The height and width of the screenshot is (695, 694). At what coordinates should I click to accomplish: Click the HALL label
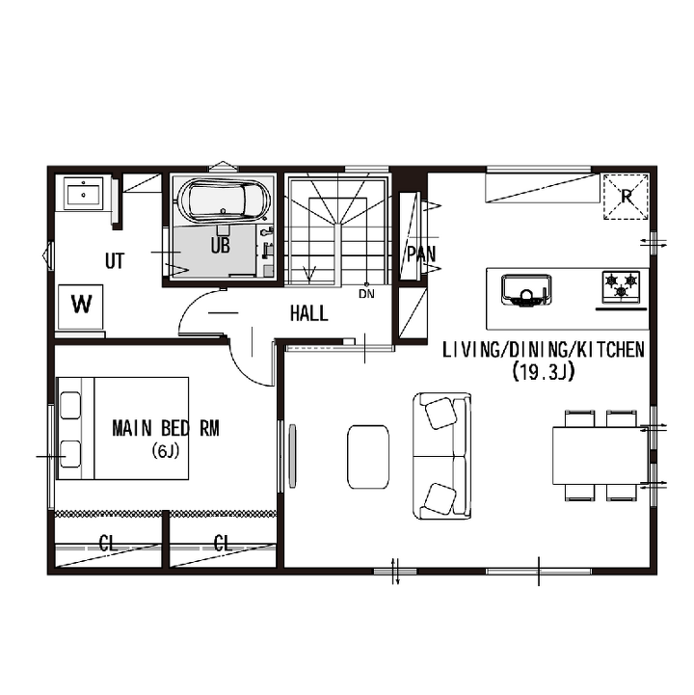tap(308, 313)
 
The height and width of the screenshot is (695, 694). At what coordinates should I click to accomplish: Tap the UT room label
tap(115, 261)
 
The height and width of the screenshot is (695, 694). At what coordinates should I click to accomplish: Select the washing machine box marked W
tap(81, 307)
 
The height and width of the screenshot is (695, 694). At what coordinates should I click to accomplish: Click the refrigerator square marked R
tap(626, 197)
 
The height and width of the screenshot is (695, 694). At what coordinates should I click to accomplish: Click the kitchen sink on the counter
tap(526, 290)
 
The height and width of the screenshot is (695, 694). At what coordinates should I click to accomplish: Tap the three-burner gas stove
tap(622, 287)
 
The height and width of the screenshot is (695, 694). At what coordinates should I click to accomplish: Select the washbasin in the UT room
tap(83, 193)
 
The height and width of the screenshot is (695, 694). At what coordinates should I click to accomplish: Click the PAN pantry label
tap(421, 254)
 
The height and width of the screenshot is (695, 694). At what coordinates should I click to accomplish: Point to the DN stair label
tap(366, 293)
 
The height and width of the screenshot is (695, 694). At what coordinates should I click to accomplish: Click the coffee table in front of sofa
tap(368, 457)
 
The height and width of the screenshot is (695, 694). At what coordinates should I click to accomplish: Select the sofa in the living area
tap(441, 456)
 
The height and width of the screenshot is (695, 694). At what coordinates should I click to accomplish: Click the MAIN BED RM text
tap(166, 429)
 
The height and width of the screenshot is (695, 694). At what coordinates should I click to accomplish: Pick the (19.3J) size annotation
tap(543, 371)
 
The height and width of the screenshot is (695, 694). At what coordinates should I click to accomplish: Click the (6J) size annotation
tap(165, 451)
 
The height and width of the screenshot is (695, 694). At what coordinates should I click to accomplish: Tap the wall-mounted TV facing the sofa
tap(292, 456)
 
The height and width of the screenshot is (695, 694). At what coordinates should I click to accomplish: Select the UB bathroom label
tap(221, 245)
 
